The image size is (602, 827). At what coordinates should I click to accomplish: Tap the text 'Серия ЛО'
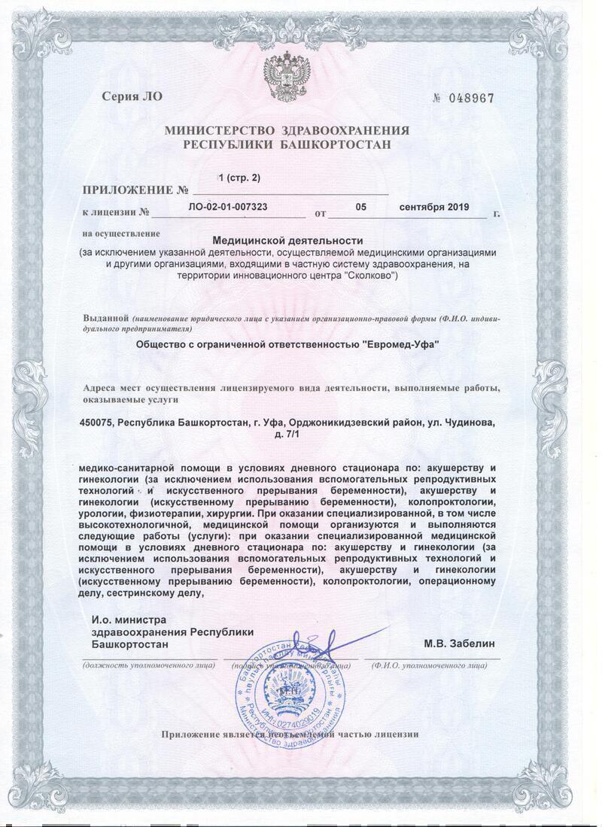(x=132, y=96)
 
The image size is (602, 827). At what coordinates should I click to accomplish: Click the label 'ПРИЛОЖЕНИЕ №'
(x=135, y=190)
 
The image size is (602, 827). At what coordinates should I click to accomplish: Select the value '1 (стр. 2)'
(x=239, y=177)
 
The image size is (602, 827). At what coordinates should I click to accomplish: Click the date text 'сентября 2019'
(x=434, y=207)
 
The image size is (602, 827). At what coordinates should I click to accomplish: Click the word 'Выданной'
(x=106, y=318)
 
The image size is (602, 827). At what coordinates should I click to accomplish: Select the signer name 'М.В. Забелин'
(x=459, y=644)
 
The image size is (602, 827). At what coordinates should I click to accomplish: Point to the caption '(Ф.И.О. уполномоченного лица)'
(x=434, y=665)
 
